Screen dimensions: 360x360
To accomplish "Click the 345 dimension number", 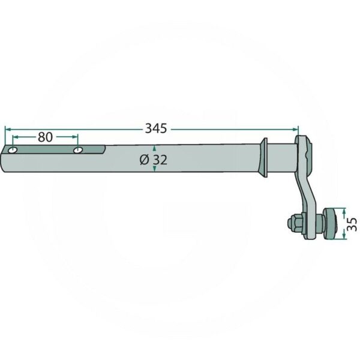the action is coord(156,128).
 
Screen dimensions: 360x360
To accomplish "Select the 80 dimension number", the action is coord(45,137).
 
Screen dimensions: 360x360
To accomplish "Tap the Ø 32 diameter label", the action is coord(154,160).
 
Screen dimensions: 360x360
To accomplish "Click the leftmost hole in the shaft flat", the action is coord(13,151).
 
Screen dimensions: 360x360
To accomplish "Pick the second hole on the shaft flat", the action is coord(78,151).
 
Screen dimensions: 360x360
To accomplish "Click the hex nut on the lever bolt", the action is coord(295,223).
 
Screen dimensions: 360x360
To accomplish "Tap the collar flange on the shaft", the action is coord(263,157).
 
